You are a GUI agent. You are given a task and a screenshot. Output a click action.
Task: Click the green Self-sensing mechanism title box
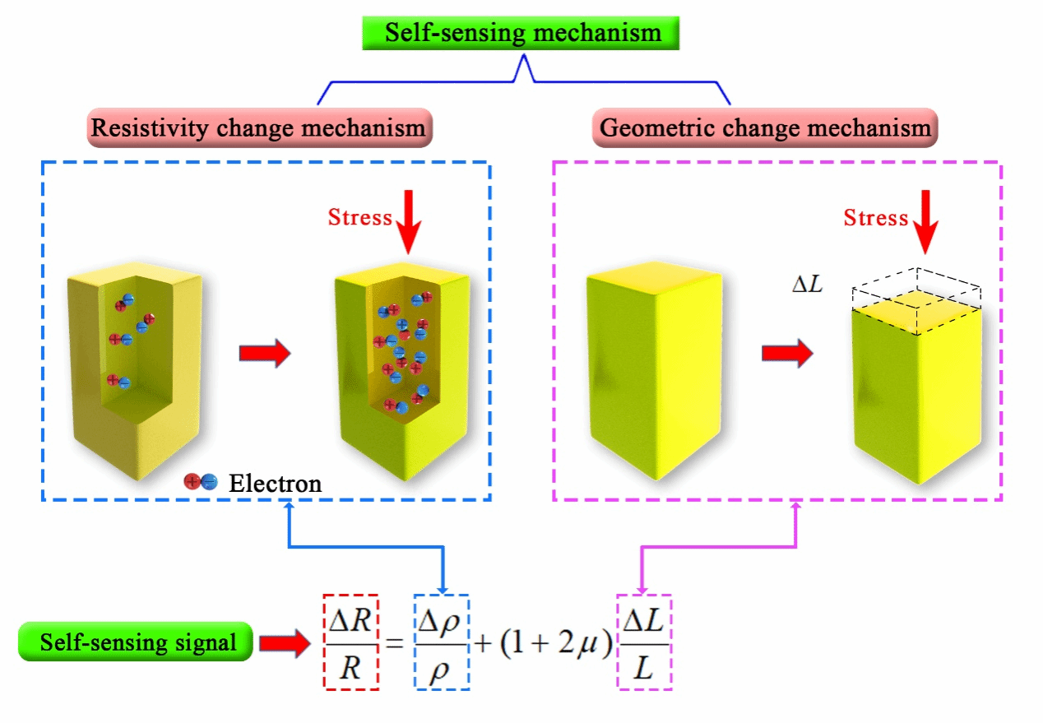pos(522,33)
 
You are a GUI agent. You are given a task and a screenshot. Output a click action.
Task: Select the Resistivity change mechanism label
pos(259,128)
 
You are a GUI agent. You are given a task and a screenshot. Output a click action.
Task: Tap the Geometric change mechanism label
pos(765,128)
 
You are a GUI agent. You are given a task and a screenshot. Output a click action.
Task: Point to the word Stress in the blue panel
pos(359,218)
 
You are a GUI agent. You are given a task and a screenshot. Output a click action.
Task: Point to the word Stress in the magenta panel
pos(876,218)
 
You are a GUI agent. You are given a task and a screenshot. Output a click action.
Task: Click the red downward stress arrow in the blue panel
pos(407,222)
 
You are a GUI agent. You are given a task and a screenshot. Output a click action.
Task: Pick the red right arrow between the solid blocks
pos(786,353)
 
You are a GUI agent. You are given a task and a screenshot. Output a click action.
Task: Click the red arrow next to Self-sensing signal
pos(288,642)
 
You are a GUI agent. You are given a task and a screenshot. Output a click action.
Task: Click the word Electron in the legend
pos(275,483)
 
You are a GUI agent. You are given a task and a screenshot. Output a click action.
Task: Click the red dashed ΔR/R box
pos(351,642)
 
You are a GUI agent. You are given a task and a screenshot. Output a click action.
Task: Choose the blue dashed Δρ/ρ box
pos(443,642)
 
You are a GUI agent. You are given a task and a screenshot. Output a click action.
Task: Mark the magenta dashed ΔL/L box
pos(644,642)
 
